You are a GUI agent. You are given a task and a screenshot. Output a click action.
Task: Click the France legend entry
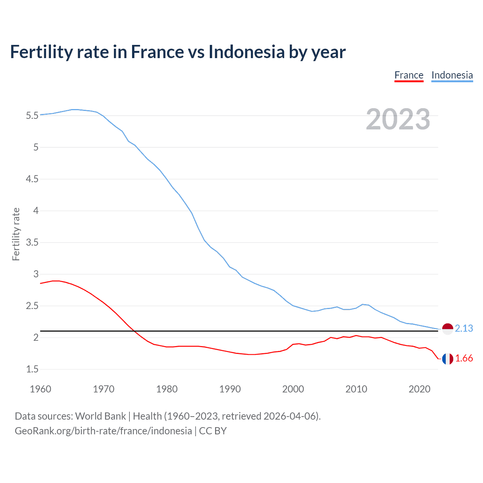[409, 75]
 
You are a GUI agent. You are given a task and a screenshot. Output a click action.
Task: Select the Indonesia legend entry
[452, 75]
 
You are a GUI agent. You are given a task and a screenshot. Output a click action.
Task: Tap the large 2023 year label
[398, 119]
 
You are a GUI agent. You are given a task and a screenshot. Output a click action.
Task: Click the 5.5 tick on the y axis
[32, 115]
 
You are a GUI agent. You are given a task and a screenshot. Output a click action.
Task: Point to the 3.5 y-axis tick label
[32, 242]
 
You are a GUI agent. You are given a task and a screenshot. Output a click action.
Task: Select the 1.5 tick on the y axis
[32, 369]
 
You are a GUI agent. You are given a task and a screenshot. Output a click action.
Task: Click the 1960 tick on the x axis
[40, 389]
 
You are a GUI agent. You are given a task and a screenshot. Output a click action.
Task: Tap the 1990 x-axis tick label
[230, 389]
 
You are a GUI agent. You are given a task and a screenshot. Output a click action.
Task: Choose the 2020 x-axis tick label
[419, 389]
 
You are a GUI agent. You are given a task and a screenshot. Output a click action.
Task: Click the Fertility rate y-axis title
[16, 234]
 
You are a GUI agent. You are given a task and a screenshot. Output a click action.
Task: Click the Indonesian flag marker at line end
[448, 329]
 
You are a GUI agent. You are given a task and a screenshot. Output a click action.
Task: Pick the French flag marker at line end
[448, 358]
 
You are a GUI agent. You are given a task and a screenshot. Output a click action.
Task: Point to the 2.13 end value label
[464, 329]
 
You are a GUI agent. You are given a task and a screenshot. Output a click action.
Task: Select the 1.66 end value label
[464, 358]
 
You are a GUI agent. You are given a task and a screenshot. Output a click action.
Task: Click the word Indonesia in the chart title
[246, 52]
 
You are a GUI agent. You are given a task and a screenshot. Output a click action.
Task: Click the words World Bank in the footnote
[100, 416]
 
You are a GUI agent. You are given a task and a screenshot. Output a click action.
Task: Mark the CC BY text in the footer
[213, 431]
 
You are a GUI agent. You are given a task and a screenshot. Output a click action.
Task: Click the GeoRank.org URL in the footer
[103, 431]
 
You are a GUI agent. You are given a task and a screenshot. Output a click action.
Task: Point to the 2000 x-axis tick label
[293, 389]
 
